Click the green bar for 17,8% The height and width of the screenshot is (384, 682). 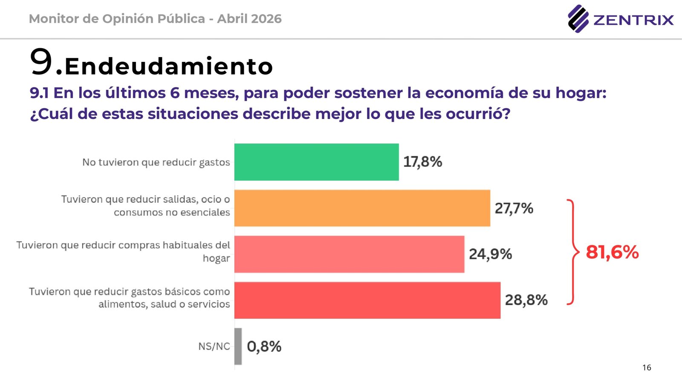[316, 162]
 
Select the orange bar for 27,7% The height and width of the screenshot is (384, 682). [362, 208]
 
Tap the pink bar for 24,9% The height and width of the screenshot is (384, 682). [349, 254]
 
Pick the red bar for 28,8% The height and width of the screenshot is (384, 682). [367, 300]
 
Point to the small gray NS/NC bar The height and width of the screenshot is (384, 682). [238, 346]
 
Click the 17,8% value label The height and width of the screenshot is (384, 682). [422, 162]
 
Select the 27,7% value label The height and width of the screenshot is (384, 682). [514, 208]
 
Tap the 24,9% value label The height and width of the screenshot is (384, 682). [490, 254]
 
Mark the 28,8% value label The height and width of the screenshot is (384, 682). [526, 300]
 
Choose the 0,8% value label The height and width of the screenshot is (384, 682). [264, 346]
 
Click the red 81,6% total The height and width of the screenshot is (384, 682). [612, 252]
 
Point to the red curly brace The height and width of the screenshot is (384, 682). [572, 252]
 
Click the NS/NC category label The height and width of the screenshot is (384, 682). [214, 346]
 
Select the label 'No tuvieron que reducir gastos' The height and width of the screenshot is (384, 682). [156, 162]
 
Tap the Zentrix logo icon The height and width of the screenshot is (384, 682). [578, 19]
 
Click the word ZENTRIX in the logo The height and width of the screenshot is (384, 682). [633, 20]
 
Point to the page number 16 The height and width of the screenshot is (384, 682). [647, 367]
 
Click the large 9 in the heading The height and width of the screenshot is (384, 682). [41, 62]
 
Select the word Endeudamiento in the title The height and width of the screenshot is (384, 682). [169, 67]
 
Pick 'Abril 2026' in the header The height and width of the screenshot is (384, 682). [249, 19]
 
